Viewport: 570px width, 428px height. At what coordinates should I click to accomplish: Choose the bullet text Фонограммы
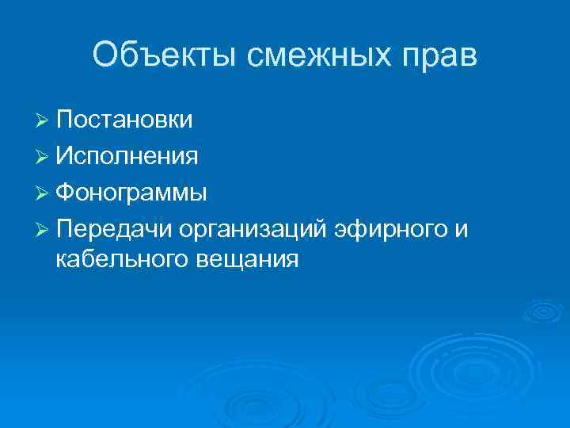132,193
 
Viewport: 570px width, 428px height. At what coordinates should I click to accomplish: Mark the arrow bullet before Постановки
44,120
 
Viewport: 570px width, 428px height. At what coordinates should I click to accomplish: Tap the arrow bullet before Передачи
44,230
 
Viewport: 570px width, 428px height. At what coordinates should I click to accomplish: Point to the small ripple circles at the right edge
545,311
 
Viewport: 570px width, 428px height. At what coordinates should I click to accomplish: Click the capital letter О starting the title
105,56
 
